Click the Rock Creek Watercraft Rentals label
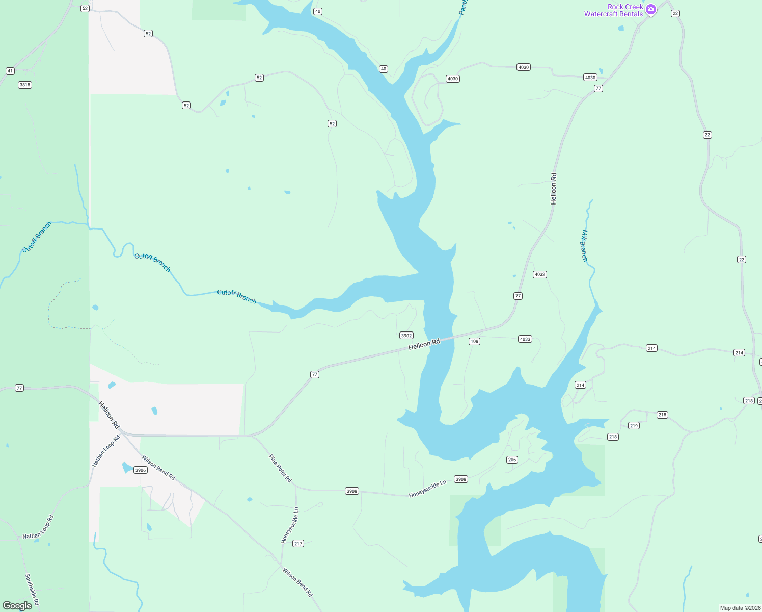613,10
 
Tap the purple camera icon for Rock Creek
650,10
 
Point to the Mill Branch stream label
584,245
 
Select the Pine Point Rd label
280,469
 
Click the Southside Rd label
32,591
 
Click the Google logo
17,605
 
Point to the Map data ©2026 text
740,608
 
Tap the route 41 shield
10,71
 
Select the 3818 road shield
25,85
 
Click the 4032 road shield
539,274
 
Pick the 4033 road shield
525,339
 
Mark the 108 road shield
474,341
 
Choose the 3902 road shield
406,336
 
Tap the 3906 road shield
141,470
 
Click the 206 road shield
512,460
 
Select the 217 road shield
298,544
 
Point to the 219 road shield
634,426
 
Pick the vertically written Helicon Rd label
554,189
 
